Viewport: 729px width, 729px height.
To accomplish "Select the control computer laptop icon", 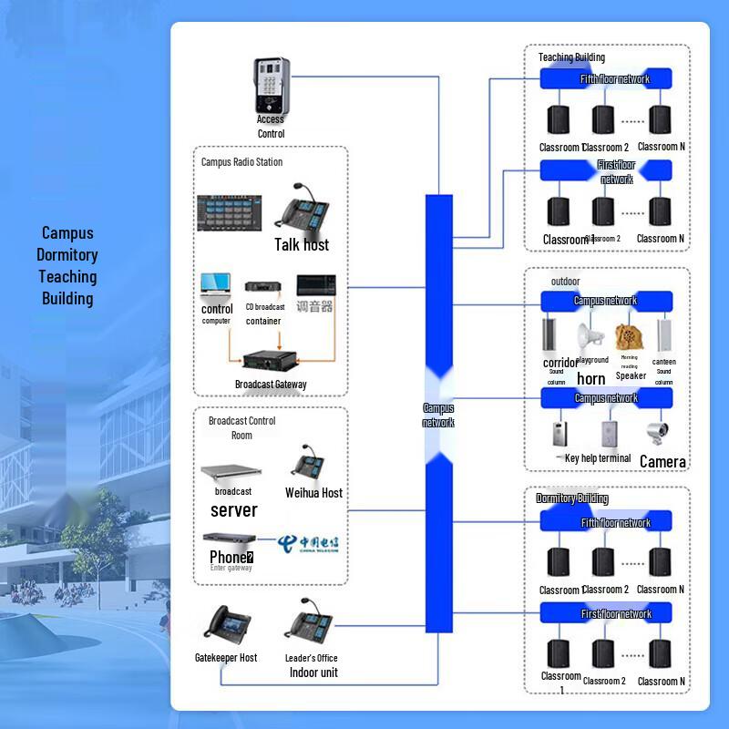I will (217, 286).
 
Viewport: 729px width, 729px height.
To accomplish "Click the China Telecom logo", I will (308, 543).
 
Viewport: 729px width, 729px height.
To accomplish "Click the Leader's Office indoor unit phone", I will (312, 626).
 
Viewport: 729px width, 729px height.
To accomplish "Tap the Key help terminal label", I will (598, 458).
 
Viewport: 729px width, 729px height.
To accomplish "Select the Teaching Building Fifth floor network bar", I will (607, 79).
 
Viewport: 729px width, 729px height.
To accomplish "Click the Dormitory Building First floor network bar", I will (607, 613).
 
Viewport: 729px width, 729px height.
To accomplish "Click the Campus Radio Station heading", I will (241, 162).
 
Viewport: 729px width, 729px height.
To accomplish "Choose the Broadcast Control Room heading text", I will (241, 427).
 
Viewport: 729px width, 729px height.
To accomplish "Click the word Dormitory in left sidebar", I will (67, 255).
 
